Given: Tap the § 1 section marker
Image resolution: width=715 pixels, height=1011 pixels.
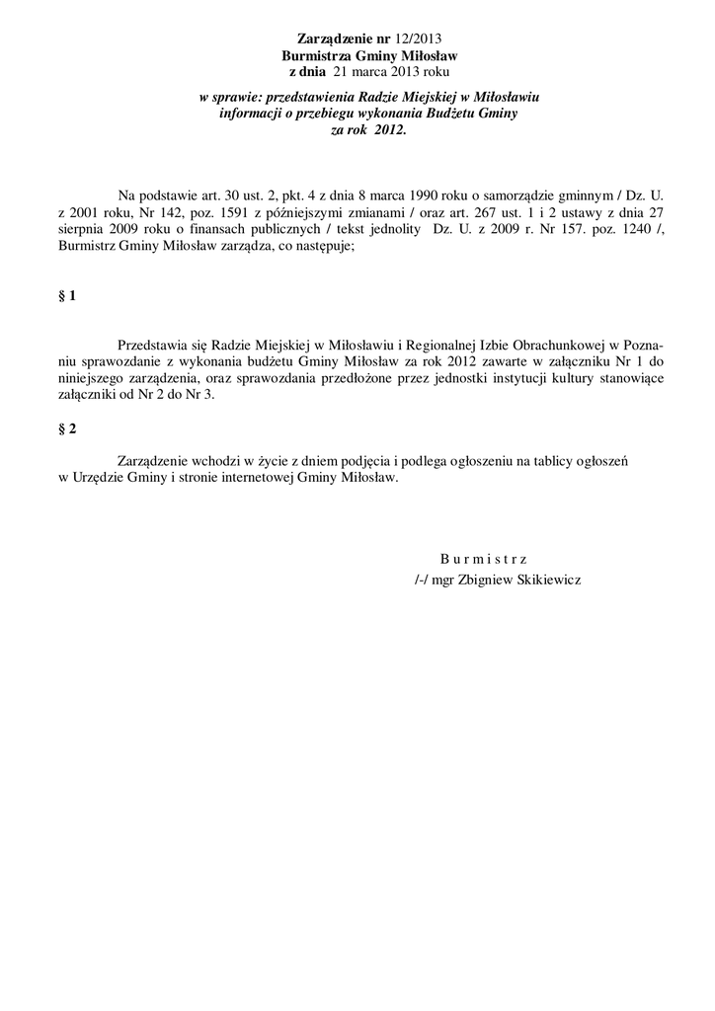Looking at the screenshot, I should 68,295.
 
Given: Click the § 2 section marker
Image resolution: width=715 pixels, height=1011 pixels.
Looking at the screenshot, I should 68,428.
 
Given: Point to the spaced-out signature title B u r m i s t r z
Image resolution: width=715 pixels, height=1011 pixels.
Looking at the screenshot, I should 483,559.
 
